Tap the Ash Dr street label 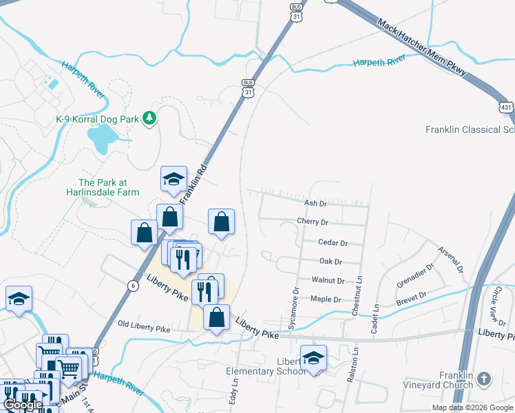tap(315, 203)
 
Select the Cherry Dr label tap(312, 222)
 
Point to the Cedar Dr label tap(333, 242)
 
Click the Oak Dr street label tap(330, 262)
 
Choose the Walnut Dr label tap(328, 280)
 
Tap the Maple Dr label tap(326, 299)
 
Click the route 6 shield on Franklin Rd tap(131, 285)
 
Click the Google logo tap(23, 405)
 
